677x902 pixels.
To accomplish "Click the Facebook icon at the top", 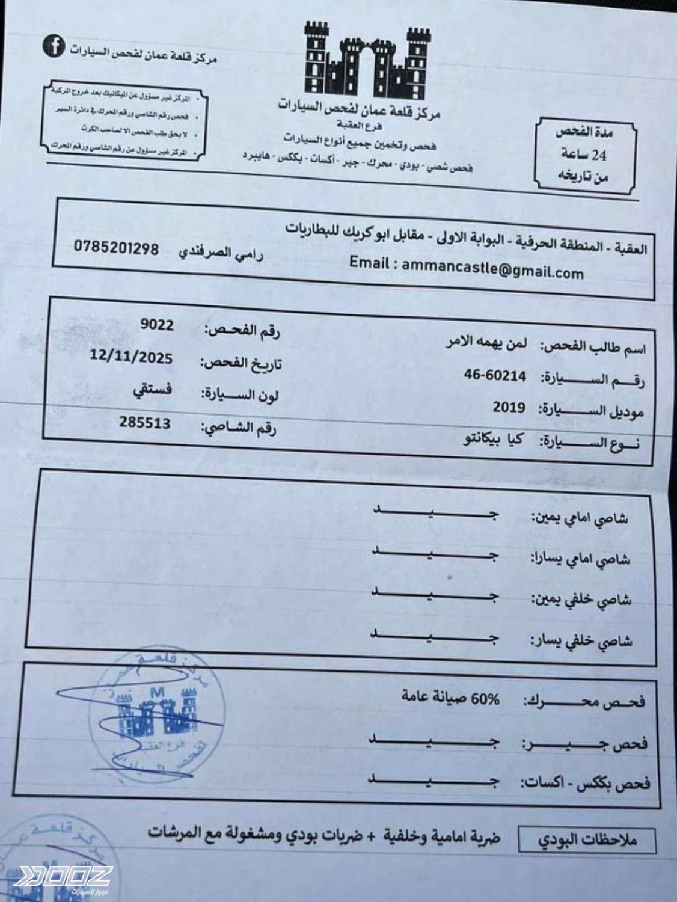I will click(54, 46).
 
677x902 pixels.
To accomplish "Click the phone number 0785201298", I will click(117, 247).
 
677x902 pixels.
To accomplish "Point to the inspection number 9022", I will click(157, 325).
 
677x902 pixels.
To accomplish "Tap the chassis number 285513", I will click(144, 423).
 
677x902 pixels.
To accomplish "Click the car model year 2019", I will click(509, 408).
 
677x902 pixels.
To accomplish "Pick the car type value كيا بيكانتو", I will click(493, 440).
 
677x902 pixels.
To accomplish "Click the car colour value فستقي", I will click(152, 390).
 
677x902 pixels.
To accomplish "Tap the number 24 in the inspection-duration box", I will click(599, 155).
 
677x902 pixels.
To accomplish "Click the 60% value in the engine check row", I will click(485, 699).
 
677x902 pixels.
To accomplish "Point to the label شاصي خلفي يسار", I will click(581, 641).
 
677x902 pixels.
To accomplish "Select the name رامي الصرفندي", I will click(221, 253).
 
